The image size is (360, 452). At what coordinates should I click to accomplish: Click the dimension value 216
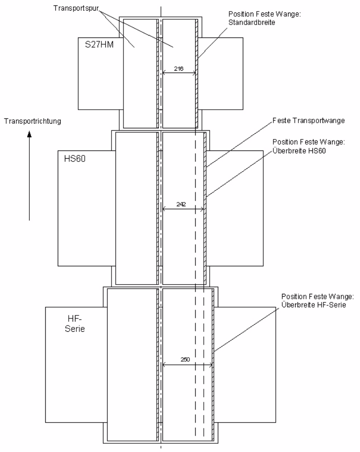[179, 69]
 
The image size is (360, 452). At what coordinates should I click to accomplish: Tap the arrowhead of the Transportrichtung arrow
[29, 136]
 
